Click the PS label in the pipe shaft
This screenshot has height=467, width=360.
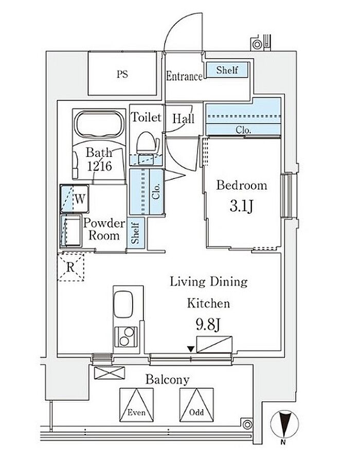tap(122, 74)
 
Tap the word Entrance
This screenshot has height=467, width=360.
tap(184, 76)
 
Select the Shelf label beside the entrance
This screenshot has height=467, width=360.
tap(227, 70)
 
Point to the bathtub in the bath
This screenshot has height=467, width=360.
tap(99, 124)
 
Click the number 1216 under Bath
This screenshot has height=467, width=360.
tap(99, 166)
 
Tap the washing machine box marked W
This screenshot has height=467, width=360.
tap(75, 199)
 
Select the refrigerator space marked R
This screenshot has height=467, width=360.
tap(70, 267)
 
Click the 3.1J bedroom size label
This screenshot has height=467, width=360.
tap(241, 206)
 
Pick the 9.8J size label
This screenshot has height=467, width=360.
tap(208, 324)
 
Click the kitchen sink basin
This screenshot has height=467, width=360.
tap(123, 304)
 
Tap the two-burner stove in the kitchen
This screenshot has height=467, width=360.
tap(126, 336)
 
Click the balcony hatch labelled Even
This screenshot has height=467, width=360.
tap(136, 405)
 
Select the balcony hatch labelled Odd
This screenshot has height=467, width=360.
tap(196, 405)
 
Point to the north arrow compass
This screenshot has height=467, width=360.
tap(284, 425)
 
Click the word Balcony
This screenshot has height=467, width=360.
tap(167, 380)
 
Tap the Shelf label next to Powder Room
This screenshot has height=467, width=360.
tap(135, 233)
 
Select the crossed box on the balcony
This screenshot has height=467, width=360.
tap(109, 373)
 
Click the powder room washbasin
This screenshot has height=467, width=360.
tap(71, 231)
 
